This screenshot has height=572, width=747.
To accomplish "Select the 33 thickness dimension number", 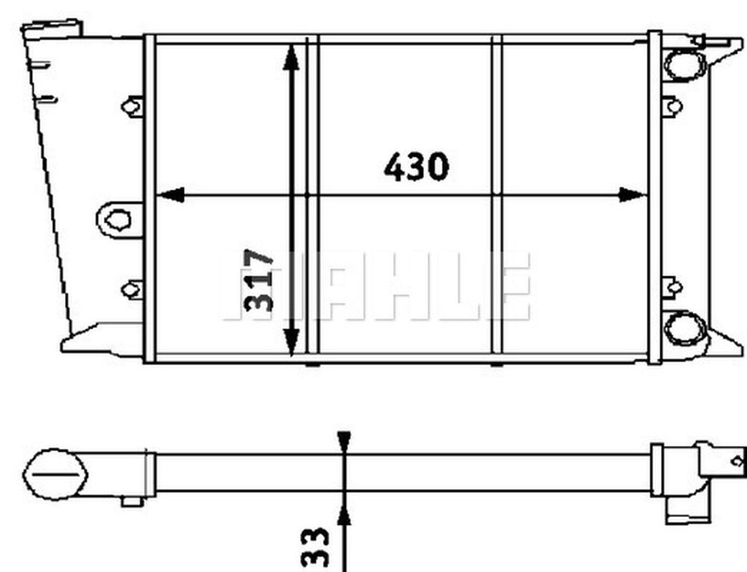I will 316,547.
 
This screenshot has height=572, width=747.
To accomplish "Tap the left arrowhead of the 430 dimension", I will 171,195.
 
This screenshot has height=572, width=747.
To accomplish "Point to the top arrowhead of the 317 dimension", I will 291,58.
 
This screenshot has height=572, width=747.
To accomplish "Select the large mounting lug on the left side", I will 118,219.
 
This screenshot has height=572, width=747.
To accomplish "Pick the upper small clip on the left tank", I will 132,106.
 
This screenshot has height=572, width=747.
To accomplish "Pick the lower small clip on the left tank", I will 132,288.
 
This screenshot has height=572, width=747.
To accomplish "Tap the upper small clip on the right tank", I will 673,106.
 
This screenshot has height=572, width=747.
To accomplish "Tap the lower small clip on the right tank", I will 673,287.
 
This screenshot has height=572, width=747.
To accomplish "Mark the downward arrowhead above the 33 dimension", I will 344,441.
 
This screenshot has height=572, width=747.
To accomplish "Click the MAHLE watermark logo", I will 376,287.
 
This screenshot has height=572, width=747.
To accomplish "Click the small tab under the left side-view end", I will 132,501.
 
